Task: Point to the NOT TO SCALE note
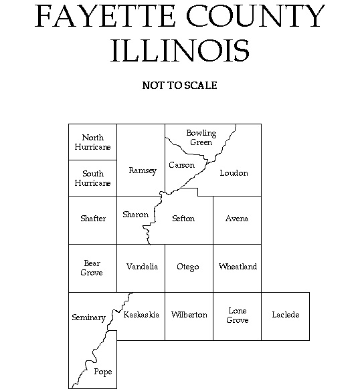[179, 86]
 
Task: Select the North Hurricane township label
[93, 142]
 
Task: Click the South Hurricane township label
[93, 178]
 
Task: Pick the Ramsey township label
[142, 171]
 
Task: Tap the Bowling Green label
[201, 138]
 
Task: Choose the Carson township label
[181, 165]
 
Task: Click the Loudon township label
[234, 173]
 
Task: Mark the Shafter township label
[93, 219]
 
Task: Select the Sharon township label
[135, 215]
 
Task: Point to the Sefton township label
[183, 219]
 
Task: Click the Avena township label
[236, 219]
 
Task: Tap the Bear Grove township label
[92, 268]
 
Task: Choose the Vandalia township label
[142, 267]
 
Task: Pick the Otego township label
[188, 267]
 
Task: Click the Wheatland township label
[238, 267]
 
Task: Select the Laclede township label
[286, 315]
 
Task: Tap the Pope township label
[103, 372]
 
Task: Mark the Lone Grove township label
[238, 315]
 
